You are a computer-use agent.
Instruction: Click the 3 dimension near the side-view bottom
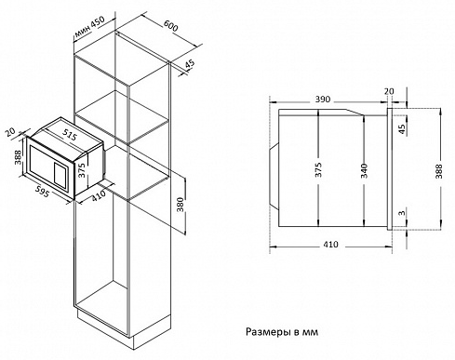[x=401, y=214]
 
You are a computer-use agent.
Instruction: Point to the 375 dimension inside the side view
[x=317, y=168]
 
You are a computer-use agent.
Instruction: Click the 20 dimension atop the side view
[x=388, y=91]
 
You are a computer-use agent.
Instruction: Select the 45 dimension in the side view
[x=401, y=128]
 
